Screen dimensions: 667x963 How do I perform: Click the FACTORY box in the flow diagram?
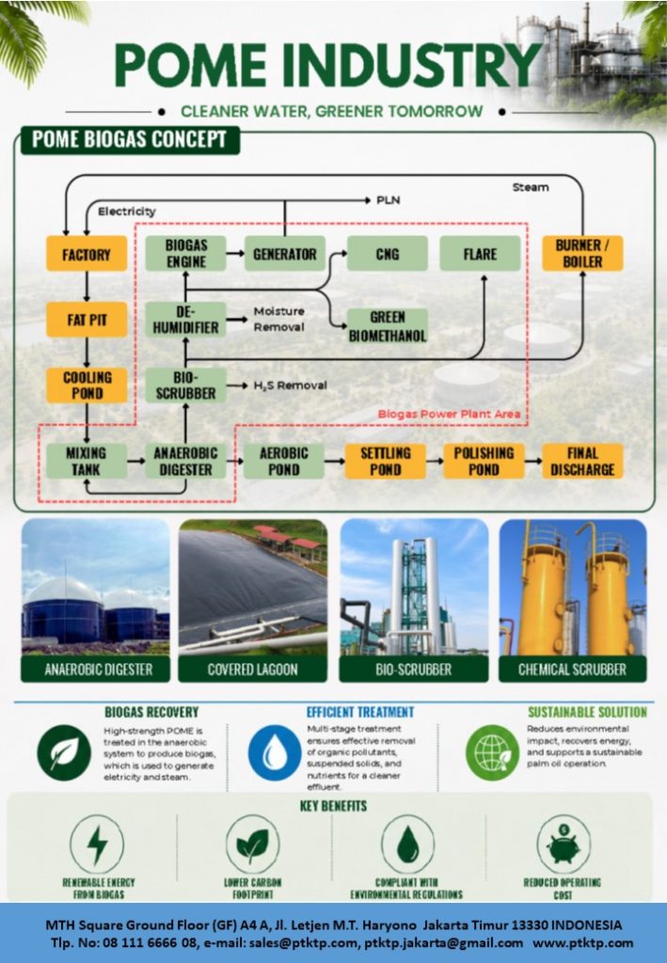pyautogui.click(x=87, y=254)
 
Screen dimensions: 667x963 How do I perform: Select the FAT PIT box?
pyautogui.click(x=87, y=320)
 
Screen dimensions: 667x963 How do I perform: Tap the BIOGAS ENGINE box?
pyautogui.click(x=185, y=254)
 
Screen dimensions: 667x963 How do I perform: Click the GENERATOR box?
pyautogui.click(x=284, y=254)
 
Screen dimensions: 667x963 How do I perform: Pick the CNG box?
pyautogui.click(x=388, y=254)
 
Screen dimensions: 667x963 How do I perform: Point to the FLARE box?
pyautogui.click(x=481, y=254)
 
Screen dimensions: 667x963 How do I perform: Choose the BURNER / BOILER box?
pyautogui.click(x=582, y=254)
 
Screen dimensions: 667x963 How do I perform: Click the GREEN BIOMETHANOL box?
pyautogui.click(x=388, y=326)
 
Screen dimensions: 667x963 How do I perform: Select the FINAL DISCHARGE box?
pyautogui.click(x=582, y=461)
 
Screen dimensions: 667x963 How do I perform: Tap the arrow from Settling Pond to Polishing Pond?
pyautogui.click(x=435, y=461)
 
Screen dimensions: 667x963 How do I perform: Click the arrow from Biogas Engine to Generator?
pyautogui.click(x=235, y=253)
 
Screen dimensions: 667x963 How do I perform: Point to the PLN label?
pyautogui.click(x=389, y=200)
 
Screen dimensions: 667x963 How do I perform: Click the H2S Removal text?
pyautogui.click(x=290, y=386)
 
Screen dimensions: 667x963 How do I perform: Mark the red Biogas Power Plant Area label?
pyautogui.click(x=449, y=414)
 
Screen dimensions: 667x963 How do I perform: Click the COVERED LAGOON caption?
pyautogui.click(x=252, y=670)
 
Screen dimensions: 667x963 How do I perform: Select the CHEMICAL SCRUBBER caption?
pyautogui.click(x=572, y=670)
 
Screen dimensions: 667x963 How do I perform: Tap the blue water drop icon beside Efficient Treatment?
pyautogui.click(x=275, y=753)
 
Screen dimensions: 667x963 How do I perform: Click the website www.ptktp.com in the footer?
pyautogui.click(x=583, y=942)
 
